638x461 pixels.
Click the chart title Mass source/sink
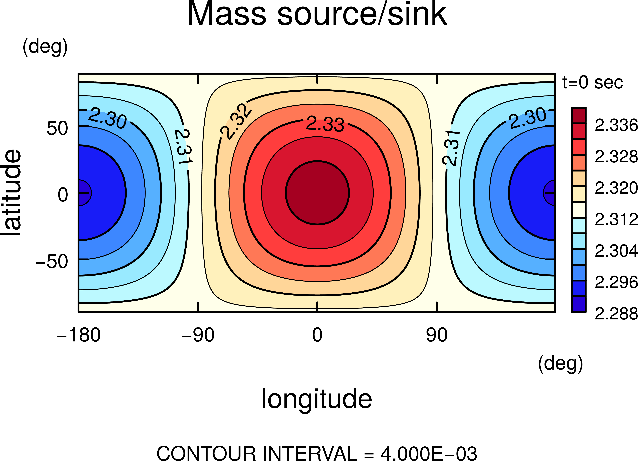pos(317,14)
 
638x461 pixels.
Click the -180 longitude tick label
pos(79,335)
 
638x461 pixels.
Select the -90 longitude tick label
pos(198,335)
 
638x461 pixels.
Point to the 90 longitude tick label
pos(437,335)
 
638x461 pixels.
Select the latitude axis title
pos(11,193)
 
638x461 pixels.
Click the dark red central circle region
pos(317,193)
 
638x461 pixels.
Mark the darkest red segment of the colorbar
pos(579,115)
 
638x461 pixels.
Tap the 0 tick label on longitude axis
pos(317,335)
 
